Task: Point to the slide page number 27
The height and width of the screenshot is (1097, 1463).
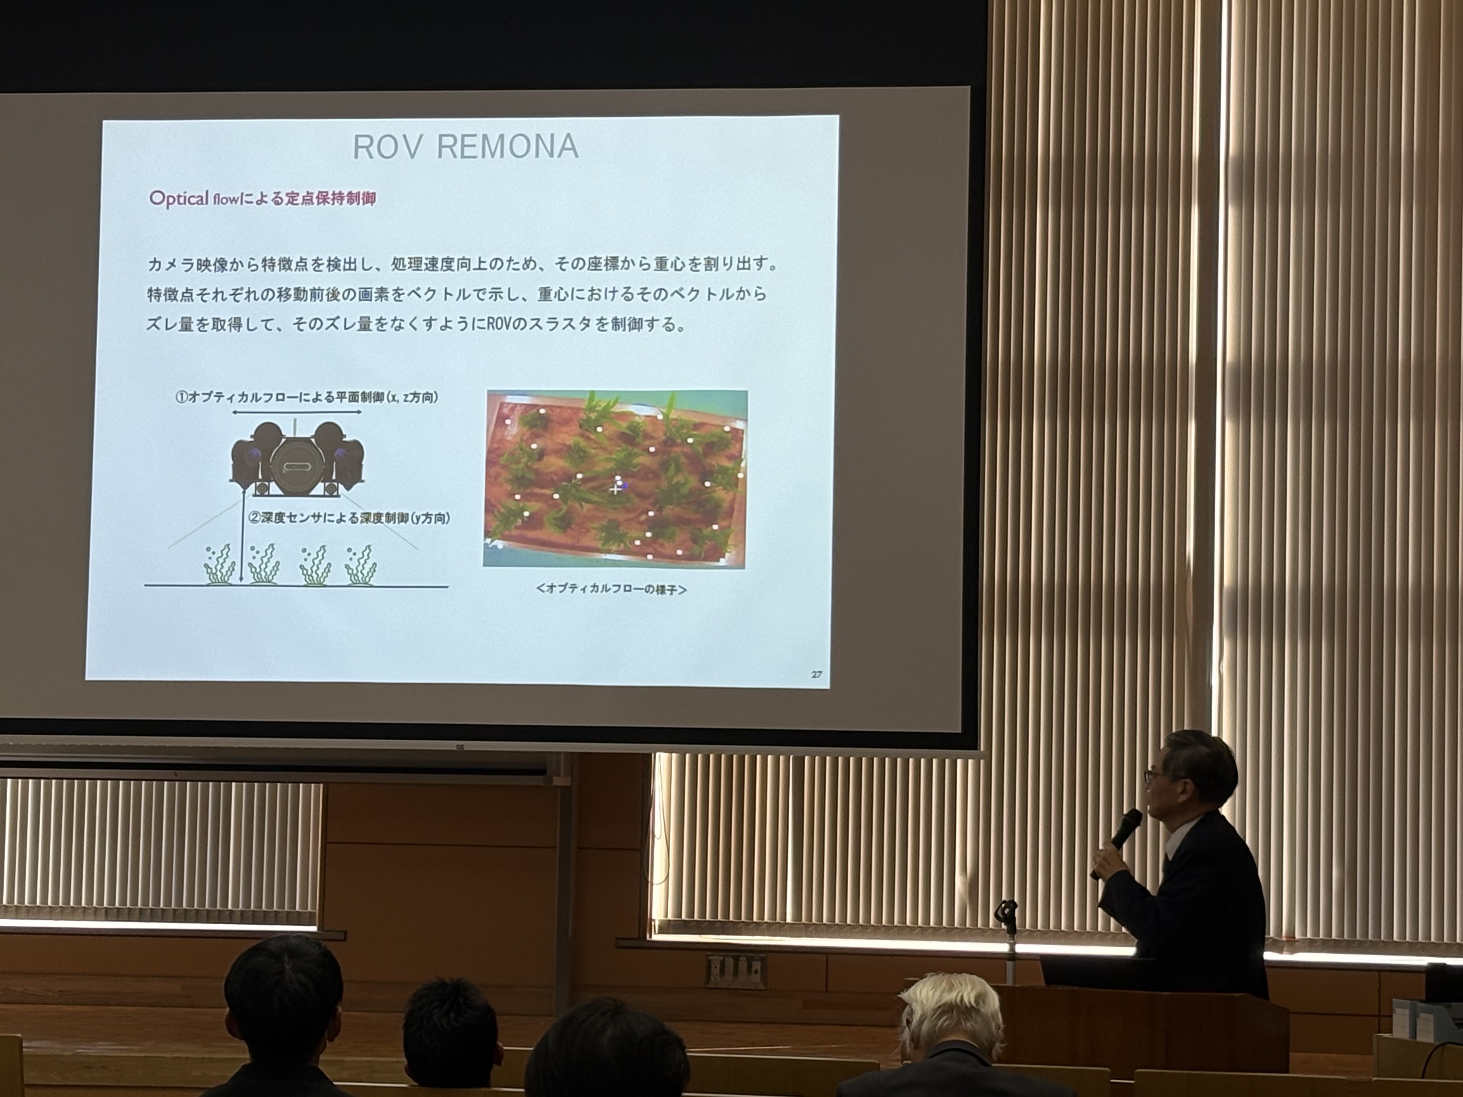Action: (x=816, y=674)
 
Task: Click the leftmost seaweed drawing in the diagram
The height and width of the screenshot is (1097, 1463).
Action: (x=218, y=565)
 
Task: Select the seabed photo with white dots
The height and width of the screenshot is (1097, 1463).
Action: (x=615, y=478)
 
